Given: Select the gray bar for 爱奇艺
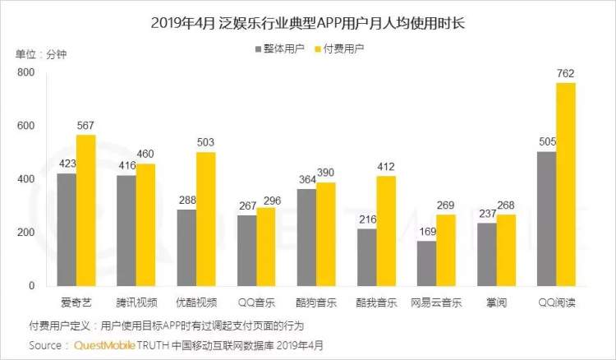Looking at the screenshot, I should tap(67, 229).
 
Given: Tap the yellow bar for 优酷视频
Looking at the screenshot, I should tap(206, 219).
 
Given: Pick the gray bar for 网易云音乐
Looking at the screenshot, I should tap(427, 263).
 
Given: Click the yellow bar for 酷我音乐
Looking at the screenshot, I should tap(387, 231).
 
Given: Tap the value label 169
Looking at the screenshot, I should tap(427, 233).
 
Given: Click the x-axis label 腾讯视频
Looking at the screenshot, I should tap(136, 302).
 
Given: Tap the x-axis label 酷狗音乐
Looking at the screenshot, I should tap(316, 302).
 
